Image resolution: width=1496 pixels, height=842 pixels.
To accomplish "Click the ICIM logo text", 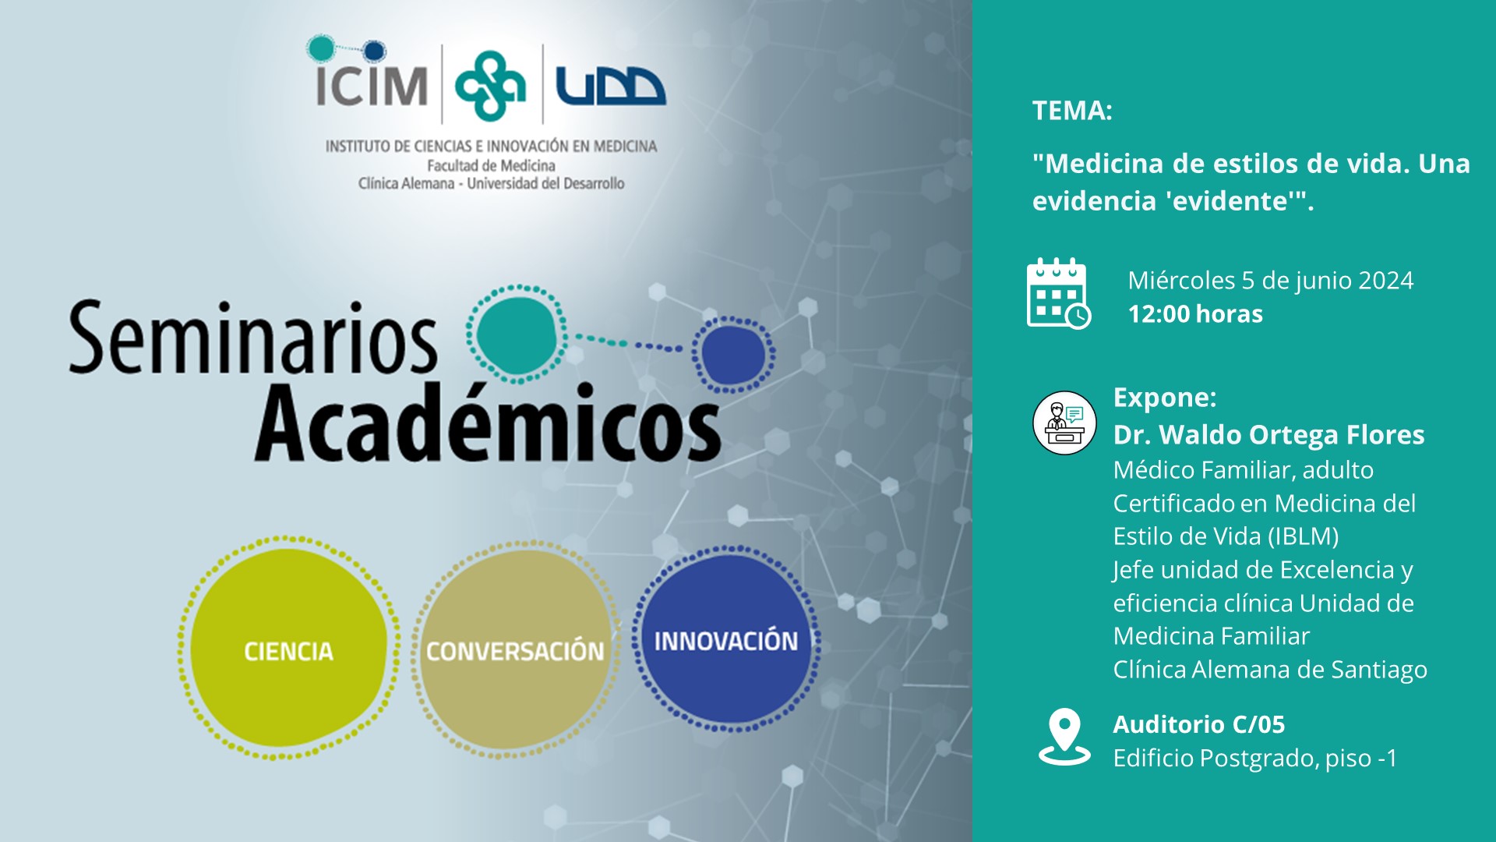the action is (x=372, y=85).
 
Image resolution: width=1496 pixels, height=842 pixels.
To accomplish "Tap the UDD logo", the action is (x=610, y=86).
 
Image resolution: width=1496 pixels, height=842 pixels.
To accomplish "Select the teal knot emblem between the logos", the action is (x=490, y=86).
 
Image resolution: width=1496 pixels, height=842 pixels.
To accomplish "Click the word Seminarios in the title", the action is (x=252, y=338).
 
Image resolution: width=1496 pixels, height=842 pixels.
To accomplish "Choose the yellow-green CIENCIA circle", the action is (x=288, y=648).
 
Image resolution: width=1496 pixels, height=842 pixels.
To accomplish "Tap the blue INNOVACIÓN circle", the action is (x=726, y=639).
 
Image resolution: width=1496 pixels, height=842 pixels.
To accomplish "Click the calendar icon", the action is (x=1058, y=293).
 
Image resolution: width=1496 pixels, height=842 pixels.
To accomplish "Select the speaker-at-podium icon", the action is (x=1064, y=423).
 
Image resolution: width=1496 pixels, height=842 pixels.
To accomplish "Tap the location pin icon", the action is (x=1064, y=737).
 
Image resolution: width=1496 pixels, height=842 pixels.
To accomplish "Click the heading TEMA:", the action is (x=1072, y=111).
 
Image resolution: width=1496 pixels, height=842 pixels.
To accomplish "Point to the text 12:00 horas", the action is (x=1195, y=314).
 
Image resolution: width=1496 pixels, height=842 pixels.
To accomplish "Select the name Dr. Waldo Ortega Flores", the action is (x=1268, y=434).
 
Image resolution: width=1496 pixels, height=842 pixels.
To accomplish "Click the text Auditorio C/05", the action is (x=1198, y=724).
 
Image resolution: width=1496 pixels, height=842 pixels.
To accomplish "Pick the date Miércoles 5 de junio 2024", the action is (x=1270, y=281).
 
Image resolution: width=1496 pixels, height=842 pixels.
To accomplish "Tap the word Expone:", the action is (x=1165, y=398).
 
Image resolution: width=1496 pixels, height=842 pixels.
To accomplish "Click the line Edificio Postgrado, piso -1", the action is (x=1254, y=758).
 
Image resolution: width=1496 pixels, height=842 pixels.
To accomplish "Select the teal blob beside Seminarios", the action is (x=517, y=334).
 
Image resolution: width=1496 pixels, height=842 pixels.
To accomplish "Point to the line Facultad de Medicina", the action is (x=491, y=165).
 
